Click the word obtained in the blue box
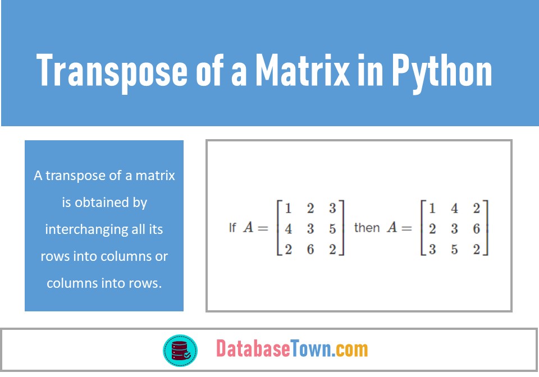pyautogui.click(x=113, y=203)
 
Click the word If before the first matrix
pyautogui.click(x=232, y=228)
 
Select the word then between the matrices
pyautogui.click(x=367, y=228)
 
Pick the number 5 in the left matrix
pyautogui.click(x=332, y=229)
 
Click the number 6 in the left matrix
pyautogui.click(x=310, y=249)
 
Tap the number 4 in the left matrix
pyautogui.click(x=288, y=229)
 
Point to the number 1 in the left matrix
pyautogui.click(x=288, y=209)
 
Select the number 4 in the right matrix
pyautogui.click(x=454, y=209)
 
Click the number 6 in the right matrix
pyautogui.click(x=476, y=229)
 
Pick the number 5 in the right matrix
pyautogui.click(x=454, y=249)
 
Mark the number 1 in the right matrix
pyautogui.click(x=432, y=209)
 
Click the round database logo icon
pyautogui.click(x=180, y=349)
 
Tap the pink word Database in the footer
pyautogui.click(x=253, y=349)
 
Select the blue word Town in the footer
pyautogui.click(x=310, y=349)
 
